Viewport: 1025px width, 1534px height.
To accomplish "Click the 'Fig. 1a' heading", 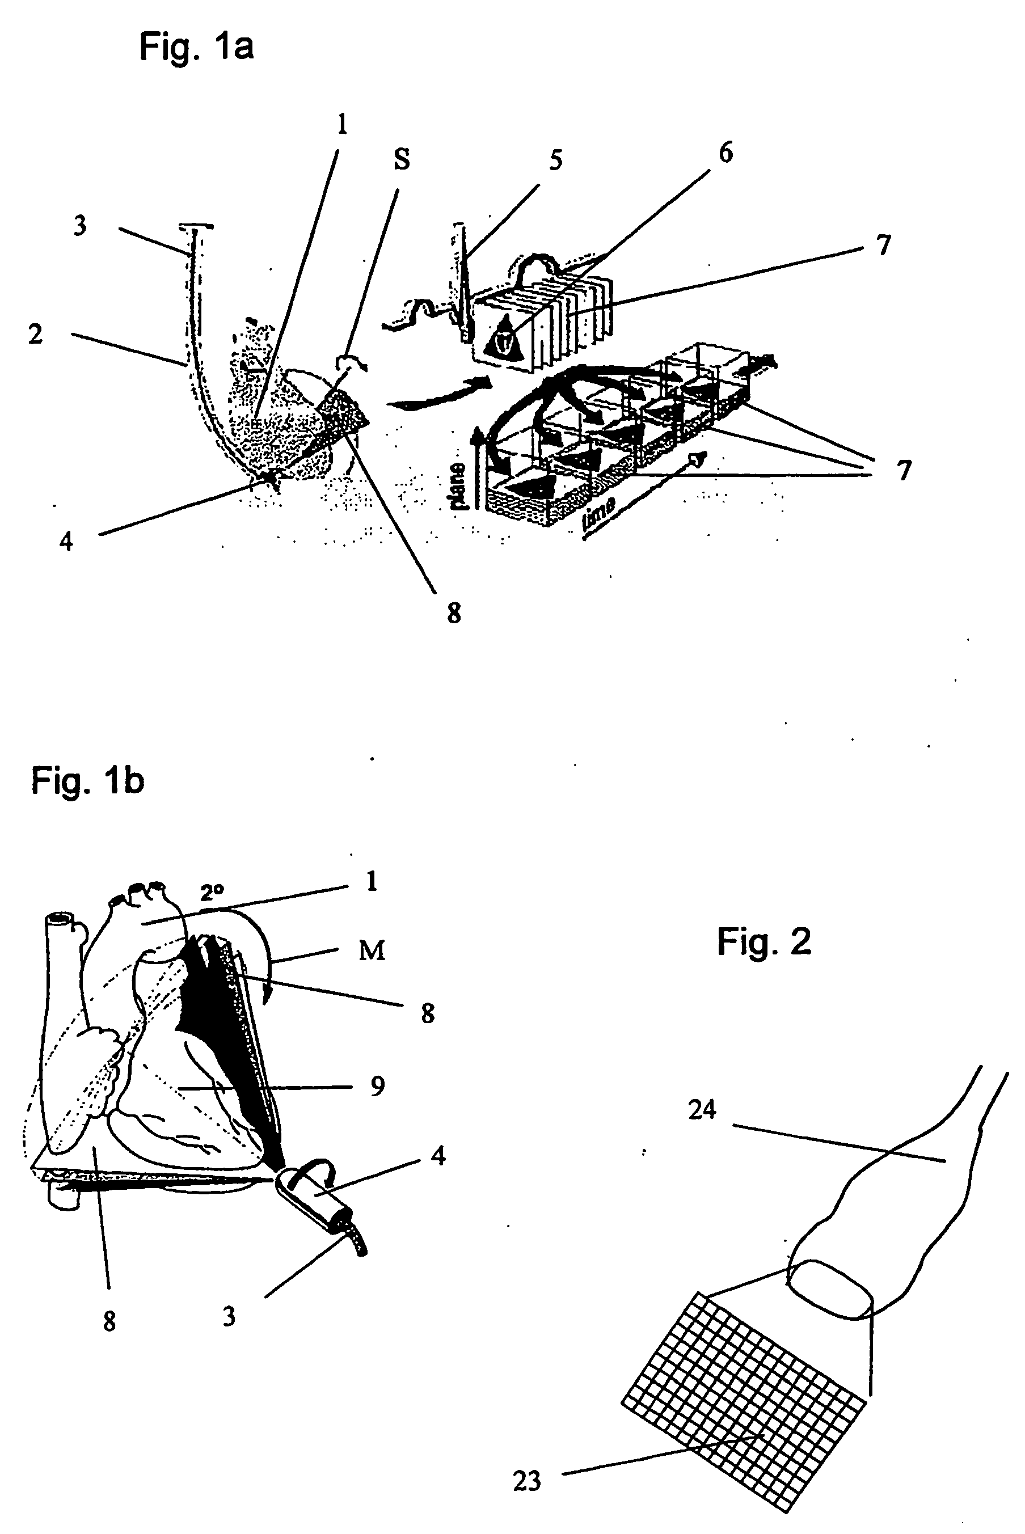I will pos(196,47).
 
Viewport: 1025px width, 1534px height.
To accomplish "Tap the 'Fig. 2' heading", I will pos(764,942).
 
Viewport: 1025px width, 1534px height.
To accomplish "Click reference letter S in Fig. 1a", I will pos(402,159).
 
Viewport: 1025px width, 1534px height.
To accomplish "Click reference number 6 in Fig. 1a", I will pos(725,153).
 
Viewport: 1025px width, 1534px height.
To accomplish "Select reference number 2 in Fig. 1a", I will pos(36,334).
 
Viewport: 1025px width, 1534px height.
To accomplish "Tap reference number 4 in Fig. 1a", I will pos(66,541).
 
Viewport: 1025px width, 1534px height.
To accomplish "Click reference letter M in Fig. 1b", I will pos(372,950).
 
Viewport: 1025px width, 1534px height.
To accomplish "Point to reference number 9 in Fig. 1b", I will pos(377,1087).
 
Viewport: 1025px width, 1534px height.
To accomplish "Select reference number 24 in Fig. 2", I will pos(702,1110).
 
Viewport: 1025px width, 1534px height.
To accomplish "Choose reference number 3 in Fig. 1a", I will pos(80,226).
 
